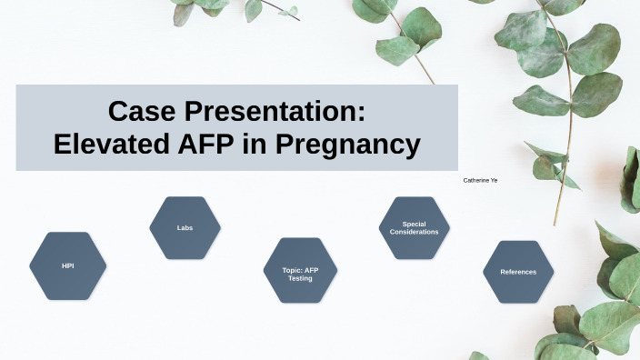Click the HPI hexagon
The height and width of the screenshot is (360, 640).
[67, 265]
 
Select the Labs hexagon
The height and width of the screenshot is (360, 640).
[185, 227]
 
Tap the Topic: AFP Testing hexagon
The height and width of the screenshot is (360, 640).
[300, 271]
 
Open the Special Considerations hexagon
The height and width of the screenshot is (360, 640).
[415, 227]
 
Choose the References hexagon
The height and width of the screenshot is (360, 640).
[518, 271]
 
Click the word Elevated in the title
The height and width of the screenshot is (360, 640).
[107, 145]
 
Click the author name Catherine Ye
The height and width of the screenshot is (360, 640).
[480, 181]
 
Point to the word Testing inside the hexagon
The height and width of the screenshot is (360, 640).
[300, 278]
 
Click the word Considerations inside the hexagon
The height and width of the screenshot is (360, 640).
[415, 232]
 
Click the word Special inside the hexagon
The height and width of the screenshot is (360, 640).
[415, 224]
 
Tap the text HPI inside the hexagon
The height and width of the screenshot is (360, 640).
[67, 265]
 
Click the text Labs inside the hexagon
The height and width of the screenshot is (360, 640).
[185, 227]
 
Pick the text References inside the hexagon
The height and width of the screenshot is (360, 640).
[518, 272]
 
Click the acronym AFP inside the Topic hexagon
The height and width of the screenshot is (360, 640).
[311, 270]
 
